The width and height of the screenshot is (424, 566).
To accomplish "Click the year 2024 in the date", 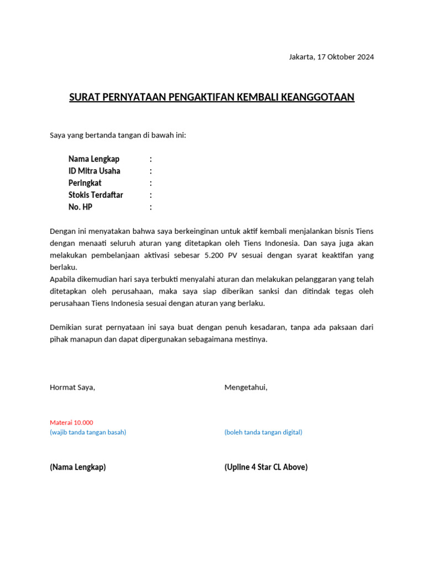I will (365, 57).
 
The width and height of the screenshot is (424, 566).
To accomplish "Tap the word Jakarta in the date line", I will (301, 57).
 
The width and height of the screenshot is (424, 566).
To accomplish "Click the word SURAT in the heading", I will (82, 98).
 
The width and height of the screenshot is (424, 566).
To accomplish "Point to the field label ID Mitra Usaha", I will (94, 171).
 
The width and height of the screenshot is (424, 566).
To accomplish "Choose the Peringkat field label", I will (84, 183).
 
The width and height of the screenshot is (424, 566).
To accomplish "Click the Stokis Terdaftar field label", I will (96, 195).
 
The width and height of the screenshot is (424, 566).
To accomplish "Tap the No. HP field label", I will (80, 207).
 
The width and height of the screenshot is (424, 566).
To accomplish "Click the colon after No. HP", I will (151, 207).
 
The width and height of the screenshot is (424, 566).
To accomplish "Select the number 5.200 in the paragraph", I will (215, 255).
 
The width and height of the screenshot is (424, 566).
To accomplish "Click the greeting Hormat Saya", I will (72, 387).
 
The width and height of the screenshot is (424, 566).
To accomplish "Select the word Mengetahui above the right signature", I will (246, 387).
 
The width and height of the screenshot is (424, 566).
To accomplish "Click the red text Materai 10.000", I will (71, 422).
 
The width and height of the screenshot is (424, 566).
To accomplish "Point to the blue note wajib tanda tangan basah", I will (88, 432).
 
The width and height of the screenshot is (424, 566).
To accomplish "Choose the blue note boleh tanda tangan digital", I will (263, 432).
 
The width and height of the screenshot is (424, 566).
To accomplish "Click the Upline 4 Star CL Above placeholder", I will (266, 467).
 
